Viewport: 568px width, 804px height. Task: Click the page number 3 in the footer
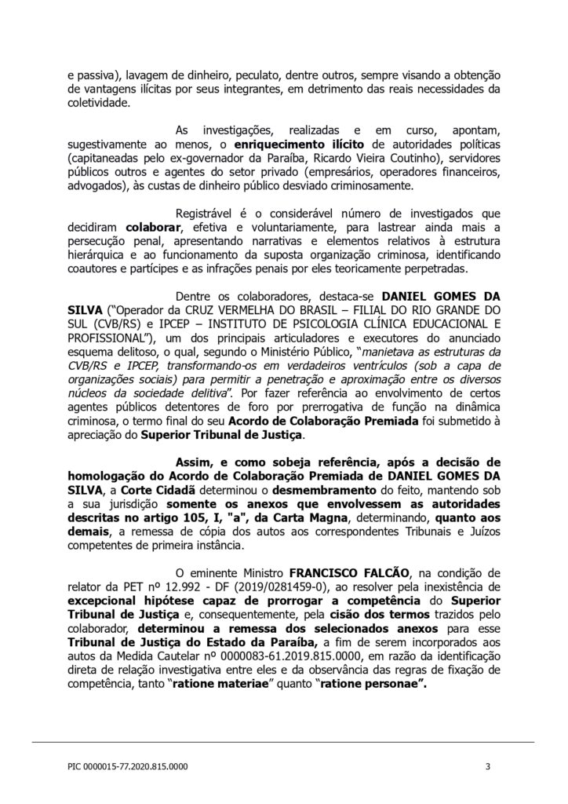[x=488, y=766]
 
